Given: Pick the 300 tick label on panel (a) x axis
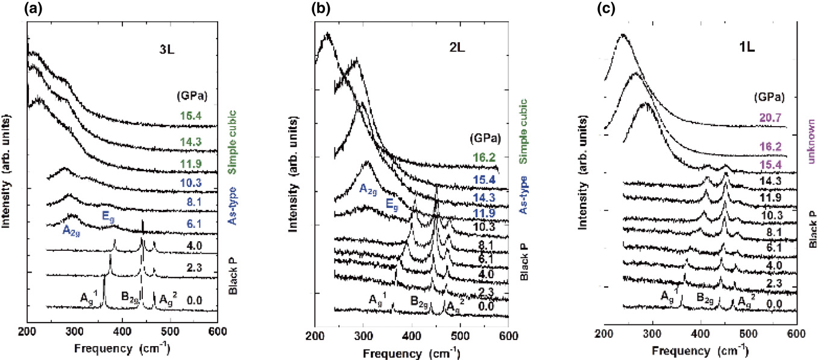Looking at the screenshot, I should [75, 330].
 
